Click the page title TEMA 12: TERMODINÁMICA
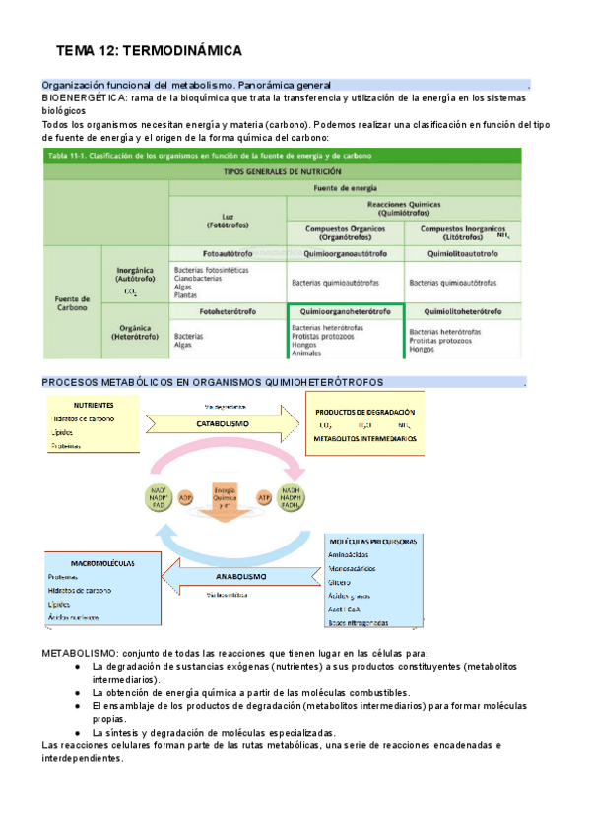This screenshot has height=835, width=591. point(149,51)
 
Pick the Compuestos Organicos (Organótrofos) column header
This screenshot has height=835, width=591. point(345,232)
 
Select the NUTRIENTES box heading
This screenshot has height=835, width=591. point(94,405)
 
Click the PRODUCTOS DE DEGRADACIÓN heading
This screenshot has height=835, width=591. point(365,412)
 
